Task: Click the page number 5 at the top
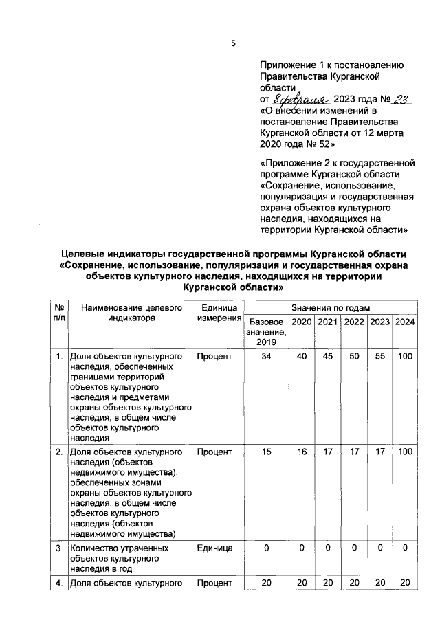[x=232, y=43]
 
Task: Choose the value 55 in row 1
[x=379, y=357]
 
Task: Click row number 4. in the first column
[x=60, y=584]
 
